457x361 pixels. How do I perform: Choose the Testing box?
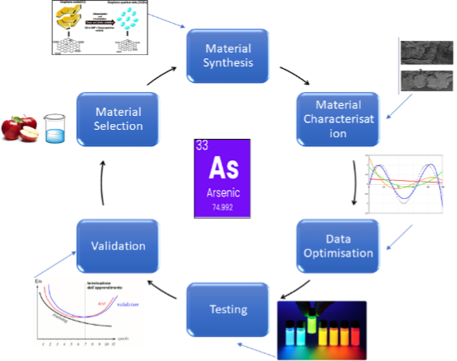coord(227,308)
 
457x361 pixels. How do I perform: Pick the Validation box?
coord(118,246)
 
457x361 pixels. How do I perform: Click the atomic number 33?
coord(201,145)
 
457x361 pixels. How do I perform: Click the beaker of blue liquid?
coord(54,128)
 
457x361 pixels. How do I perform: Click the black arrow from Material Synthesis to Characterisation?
coord(294,75)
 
